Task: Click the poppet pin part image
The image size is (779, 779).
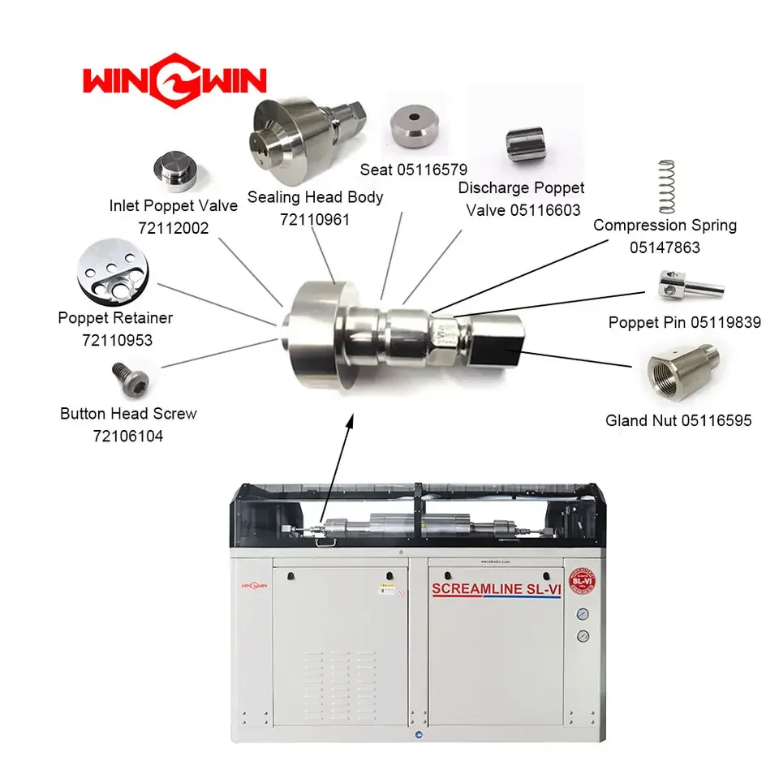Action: pos(689,284)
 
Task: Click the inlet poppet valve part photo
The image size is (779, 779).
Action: pos(178,170)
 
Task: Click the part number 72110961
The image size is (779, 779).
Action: pos(315,219)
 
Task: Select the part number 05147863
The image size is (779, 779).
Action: pos(665,247)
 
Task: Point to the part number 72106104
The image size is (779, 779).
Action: pos(128,437)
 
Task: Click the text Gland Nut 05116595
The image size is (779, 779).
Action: pos(678,420)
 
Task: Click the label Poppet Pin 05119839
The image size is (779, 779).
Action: pos(684,323)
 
